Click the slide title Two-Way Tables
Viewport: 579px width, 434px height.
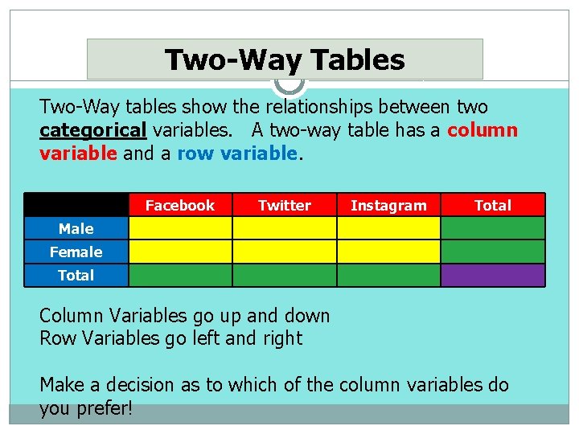pyautogui.click(x=285, y=60)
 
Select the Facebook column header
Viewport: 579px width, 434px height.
pyautogui.click(x=180, y=206)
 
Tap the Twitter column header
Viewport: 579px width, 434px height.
pyautogui.click(x=284, y=206)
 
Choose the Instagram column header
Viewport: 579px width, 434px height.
pyautogui.click(x=388, y=206)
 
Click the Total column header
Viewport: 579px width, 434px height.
pyautogui.click(x=492, y=206)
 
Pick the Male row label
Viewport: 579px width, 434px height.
pyautogui.click(x=76, y=229)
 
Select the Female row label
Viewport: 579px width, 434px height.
pyautogui.click(x=76, y=252)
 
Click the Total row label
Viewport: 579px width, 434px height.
pyautogui.click(x=76, y=276)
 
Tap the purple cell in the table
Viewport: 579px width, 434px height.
pyautogui.click(x=492, y=276)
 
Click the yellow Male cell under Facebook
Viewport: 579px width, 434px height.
pyautogui.click(x=180, y=229)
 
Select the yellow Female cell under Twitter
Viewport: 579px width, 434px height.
pyautogui.click(x=284, y=252)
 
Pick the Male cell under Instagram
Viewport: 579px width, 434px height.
pyautogui.click(x=388, y=229)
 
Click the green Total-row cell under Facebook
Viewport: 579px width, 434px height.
pyautogui.click(x=180, y=276)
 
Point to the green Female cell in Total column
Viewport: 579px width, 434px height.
pyautogui.click(x=492, y=252)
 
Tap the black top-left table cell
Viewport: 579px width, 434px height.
pyautogui.click(x=76, y=205)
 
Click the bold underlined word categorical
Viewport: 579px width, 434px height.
pyautogui.click(x=92, y=130)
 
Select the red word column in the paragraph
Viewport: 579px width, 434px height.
pyautogui.click(x=482, y=130)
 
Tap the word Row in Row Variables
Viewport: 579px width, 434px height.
pyautogui.click(x=56, y=338)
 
